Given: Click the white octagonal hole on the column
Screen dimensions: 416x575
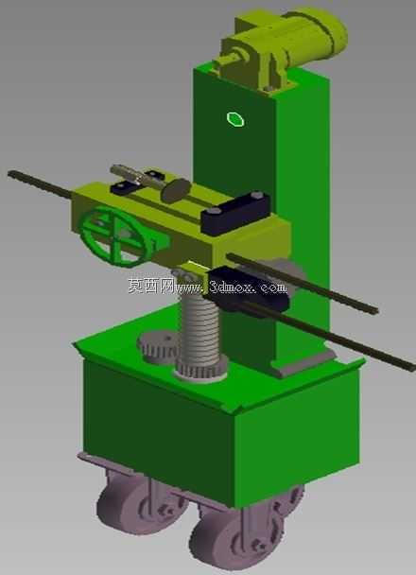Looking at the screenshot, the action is [x=235, y=119].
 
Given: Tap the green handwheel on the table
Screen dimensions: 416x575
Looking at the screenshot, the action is [x=114, y=235].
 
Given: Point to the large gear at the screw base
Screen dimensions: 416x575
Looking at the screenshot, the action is [x=200, y=371].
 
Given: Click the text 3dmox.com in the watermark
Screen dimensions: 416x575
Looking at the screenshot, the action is [x=248, y=287].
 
